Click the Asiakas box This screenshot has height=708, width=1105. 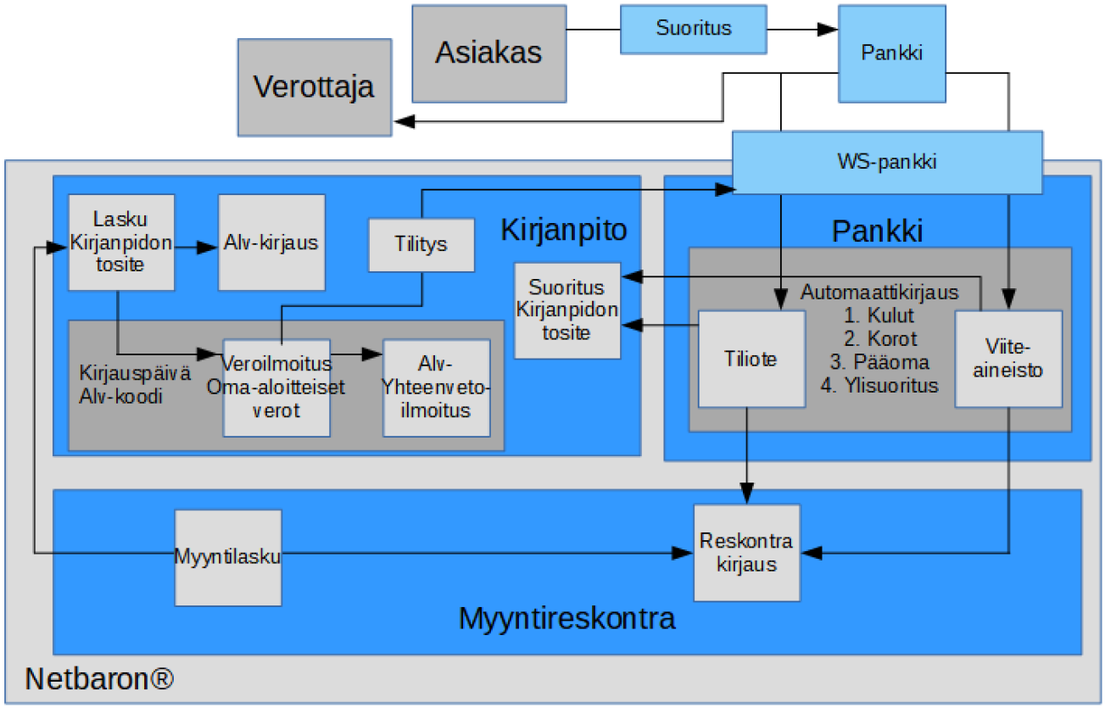click(x=488, y=53)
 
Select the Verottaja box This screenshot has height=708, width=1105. click(x=315, y=86)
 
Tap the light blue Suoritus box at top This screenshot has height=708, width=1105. click(x=693, y=28)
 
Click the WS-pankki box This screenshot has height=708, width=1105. click(x=887, y=162)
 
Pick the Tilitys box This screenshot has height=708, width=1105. click(x=421, y=245)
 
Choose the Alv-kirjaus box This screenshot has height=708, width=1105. click(x=271, y=243)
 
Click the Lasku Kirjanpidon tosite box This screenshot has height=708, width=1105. click(x=121, y=243)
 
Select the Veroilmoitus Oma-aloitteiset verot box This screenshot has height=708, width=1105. click(x=276, y=387)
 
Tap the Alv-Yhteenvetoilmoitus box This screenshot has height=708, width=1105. click(x=437, y=387)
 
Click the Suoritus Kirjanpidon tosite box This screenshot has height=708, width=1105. click(x=567, y=309)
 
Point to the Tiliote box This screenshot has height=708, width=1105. click(x=751, y=360)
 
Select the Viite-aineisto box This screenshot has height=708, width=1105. click(x=1008, y=360)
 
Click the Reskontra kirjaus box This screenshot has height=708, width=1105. click(x=746, y=553)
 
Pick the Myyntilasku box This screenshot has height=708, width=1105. click(x=228, y=556)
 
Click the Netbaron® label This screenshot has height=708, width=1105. click(x=100, y=678)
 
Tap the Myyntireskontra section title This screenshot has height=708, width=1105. click(x=566, y=618)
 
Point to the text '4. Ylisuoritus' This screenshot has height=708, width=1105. click(x=879, y=386)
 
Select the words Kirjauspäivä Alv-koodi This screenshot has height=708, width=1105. click(x=123, y=386)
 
